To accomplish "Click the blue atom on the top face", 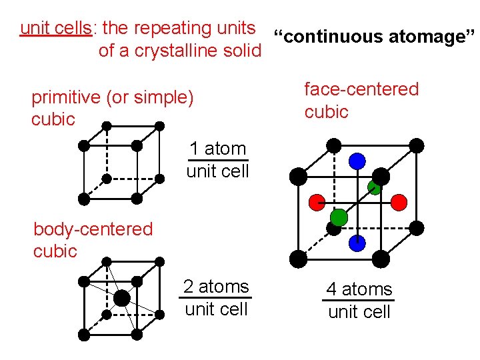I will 357,161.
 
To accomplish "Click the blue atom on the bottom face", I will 357,243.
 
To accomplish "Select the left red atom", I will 317,201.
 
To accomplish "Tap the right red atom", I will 399,201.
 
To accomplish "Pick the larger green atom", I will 339,217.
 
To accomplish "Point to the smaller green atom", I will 375,187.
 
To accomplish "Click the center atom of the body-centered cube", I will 121,297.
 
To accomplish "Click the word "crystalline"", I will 175,51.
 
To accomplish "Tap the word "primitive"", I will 66,98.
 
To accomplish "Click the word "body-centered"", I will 93,229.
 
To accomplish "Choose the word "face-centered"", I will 361,89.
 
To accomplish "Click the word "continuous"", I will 328,37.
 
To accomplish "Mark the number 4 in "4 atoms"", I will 331,290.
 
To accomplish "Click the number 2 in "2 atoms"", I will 189,287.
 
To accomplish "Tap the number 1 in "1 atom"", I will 193,149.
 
